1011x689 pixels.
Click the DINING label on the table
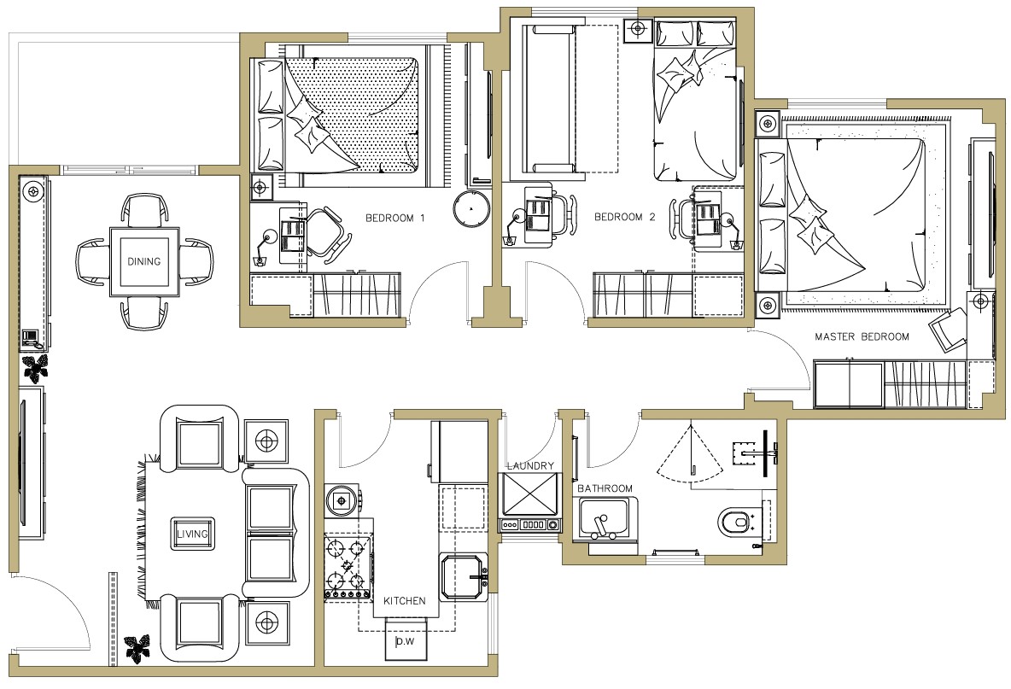[143, 261]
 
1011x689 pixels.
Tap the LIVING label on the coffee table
[193, 534]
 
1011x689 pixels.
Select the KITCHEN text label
[404, 601]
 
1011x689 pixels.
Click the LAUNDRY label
[530, 465]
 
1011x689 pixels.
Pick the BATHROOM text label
[605, 488]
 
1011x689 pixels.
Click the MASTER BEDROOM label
[862, 336]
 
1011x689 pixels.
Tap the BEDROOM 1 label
[395, 218]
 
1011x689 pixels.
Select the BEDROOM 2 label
[625, 217]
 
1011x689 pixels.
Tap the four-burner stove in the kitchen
[348, 567]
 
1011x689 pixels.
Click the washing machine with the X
[530, 495]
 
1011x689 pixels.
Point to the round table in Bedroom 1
[472, 209]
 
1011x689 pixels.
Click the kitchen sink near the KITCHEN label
[465, 576]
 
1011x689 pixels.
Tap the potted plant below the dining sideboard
[36, 367]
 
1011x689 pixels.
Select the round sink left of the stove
[341, 499]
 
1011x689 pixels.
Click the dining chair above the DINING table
[144, 211]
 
